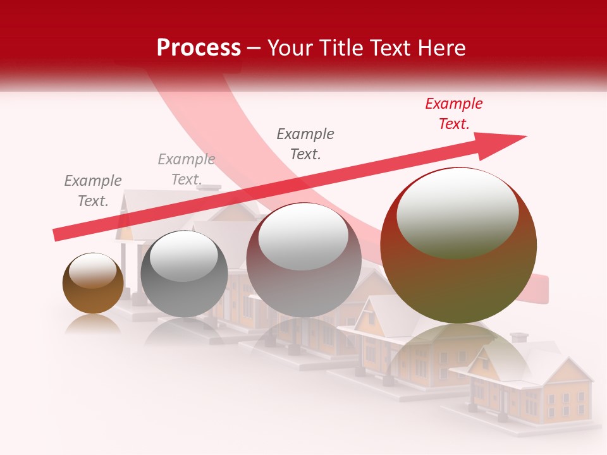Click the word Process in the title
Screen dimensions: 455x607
point(199,47)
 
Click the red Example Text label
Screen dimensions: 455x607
point(453,114)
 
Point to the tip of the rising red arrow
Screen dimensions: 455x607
point(525,136)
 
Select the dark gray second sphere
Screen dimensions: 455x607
point(184,274)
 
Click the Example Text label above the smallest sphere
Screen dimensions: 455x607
point(92,191)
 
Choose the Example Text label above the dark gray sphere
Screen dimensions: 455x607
point(186,169)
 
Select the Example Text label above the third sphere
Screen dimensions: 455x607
point(305,144)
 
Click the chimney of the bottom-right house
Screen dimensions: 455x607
point(519,337)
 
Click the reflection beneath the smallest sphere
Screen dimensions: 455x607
point(93,324)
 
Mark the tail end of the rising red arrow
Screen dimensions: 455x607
point(57,235)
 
